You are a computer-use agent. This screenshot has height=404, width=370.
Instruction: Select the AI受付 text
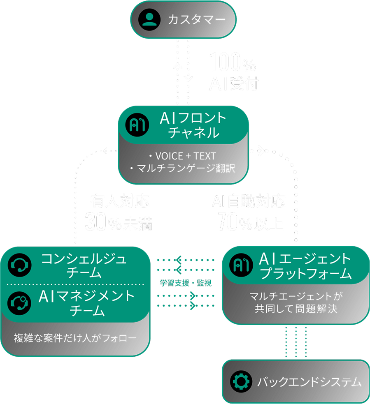point(233,83)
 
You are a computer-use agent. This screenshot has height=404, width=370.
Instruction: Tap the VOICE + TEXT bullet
point(182,156)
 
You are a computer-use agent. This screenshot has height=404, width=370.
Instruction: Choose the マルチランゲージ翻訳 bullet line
point(182,169)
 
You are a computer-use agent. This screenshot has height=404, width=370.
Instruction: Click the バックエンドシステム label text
point(309,382)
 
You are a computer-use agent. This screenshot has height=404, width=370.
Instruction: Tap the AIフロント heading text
point(193,118)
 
